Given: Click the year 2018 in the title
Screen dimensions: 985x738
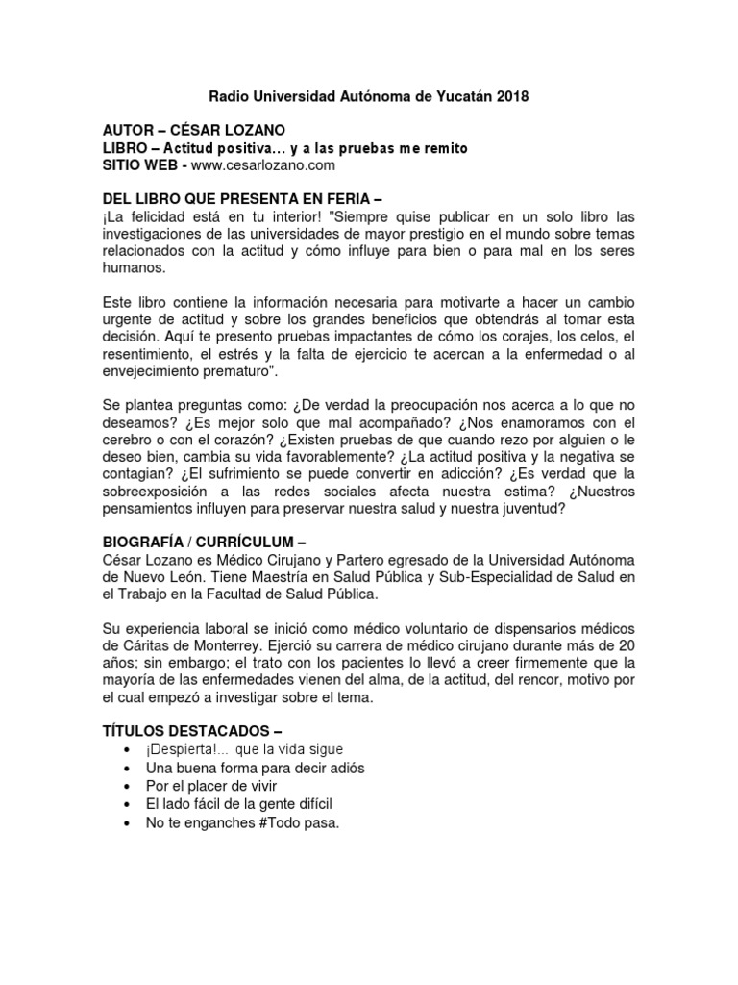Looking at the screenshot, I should pyautogui.click(x=510, y=96).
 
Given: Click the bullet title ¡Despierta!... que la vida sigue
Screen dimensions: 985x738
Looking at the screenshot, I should pyautogui.click(x=244, y=749).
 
